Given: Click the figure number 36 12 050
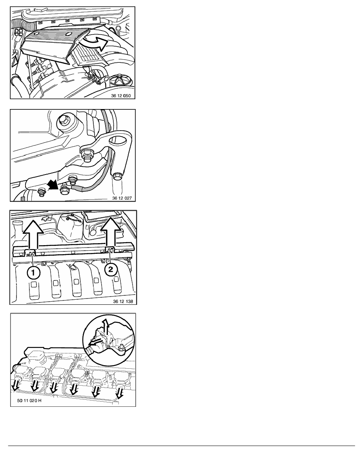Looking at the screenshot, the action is click(x=121, y=96).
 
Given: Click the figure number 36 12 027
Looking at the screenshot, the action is click(x=122, y=198).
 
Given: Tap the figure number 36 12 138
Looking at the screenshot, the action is click(x=123, y=301).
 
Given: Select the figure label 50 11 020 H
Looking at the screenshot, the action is click(x=29, y=400).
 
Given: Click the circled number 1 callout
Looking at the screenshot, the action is click(x=33, y=273).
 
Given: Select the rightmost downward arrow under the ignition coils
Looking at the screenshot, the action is click(x=120, y=392).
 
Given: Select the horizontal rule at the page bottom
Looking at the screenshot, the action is click(x=182, y=446).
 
